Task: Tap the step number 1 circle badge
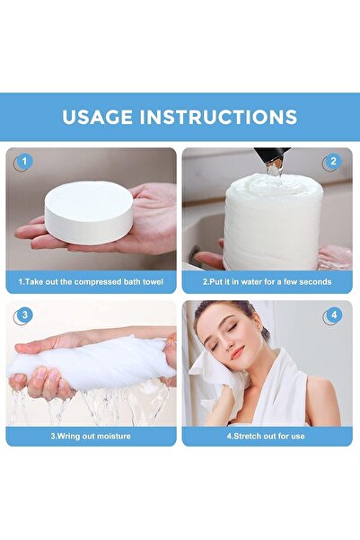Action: [22, 163]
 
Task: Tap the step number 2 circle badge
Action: [333, 163]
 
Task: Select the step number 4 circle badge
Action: [333, 315]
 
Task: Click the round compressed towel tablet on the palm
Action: [88, 211]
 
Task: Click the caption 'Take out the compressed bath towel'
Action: [90, 282]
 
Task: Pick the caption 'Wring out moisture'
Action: [90, 436]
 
